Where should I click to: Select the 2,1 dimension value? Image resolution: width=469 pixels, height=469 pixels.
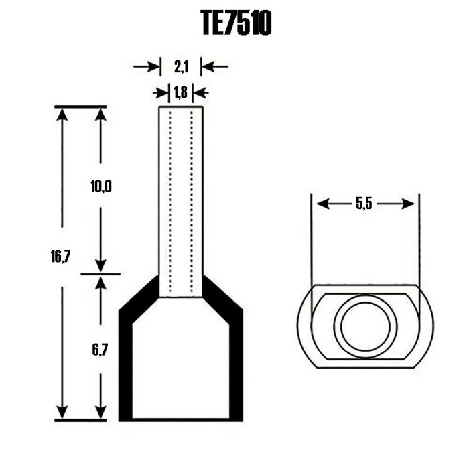(181, 66)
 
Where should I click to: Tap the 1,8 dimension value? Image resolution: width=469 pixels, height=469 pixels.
(181, 93)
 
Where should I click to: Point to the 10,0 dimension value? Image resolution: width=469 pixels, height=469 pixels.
(100, 187)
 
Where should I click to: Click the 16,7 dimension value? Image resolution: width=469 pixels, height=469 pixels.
(61, 257)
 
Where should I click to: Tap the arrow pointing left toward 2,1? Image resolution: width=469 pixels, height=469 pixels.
(208, 66)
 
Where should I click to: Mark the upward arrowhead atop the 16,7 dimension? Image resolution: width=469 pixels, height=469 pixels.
(62, 113)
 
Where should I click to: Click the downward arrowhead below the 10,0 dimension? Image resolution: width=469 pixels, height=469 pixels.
(100, 267)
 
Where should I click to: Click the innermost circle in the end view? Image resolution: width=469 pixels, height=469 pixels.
(364, 327)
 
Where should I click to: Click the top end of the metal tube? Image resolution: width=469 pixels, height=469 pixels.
(181, 107)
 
